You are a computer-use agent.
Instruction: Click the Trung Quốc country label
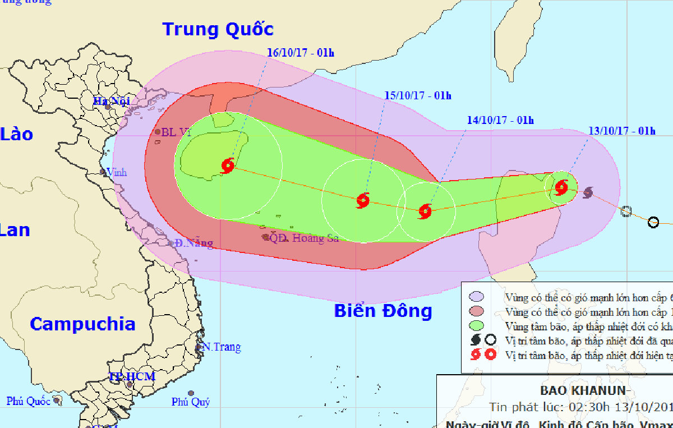pyautogui.click(x=218, y=29)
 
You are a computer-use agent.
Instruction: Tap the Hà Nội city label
pyautogui.click(x=111, y=102)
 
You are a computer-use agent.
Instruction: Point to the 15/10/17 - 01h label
pyautogui.click(x=418, y=95)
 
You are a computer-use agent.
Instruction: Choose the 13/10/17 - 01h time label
pyautogui.click(x=621, y=131)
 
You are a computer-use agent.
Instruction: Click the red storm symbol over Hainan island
pyautogui.click(x=228, y=165)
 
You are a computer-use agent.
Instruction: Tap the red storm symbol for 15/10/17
pyautogui.click(x=363, y=200)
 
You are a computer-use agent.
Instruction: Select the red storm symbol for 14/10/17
pyautogui.click(x=425, y=211)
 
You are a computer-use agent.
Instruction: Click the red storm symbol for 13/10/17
pyautogui.click(x=561, y=187)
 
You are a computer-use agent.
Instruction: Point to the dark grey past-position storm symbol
pyautogui.click(x=587, y=193)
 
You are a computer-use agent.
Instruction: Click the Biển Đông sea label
pyautogui.click(x=383, y=311)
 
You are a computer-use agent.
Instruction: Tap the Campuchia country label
pyautogui.click(x=82, y=324)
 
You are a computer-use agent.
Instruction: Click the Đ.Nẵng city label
pyautogui.click(x=193, y=243)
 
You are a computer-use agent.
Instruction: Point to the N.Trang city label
pyautogui.click(x=222, y=347)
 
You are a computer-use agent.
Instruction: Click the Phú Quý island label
pyautogui.click(x=191, y=402)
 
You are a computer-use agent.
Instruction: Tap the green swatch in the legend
pyautogui.click(x=477, y=326)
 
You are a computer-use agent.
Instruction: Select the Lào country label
pyautogui.click(x=16, y=134)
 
